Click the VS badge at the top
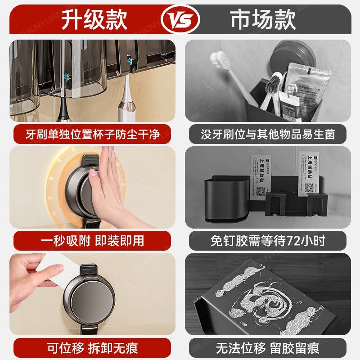point(180,19)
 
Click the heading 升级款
point(94,19)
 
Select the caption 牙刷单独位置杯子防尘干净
point(92,134)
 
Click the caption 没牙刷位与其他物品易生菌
point(268,134)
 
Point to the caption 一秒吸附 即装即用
point(92,240)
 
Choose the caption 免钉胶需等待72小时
point(268,240)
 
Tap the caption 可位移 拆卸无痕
point(92,347)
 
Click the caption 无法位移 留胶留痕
point(268,347)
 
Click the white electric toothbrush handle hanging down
point(126,103)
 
